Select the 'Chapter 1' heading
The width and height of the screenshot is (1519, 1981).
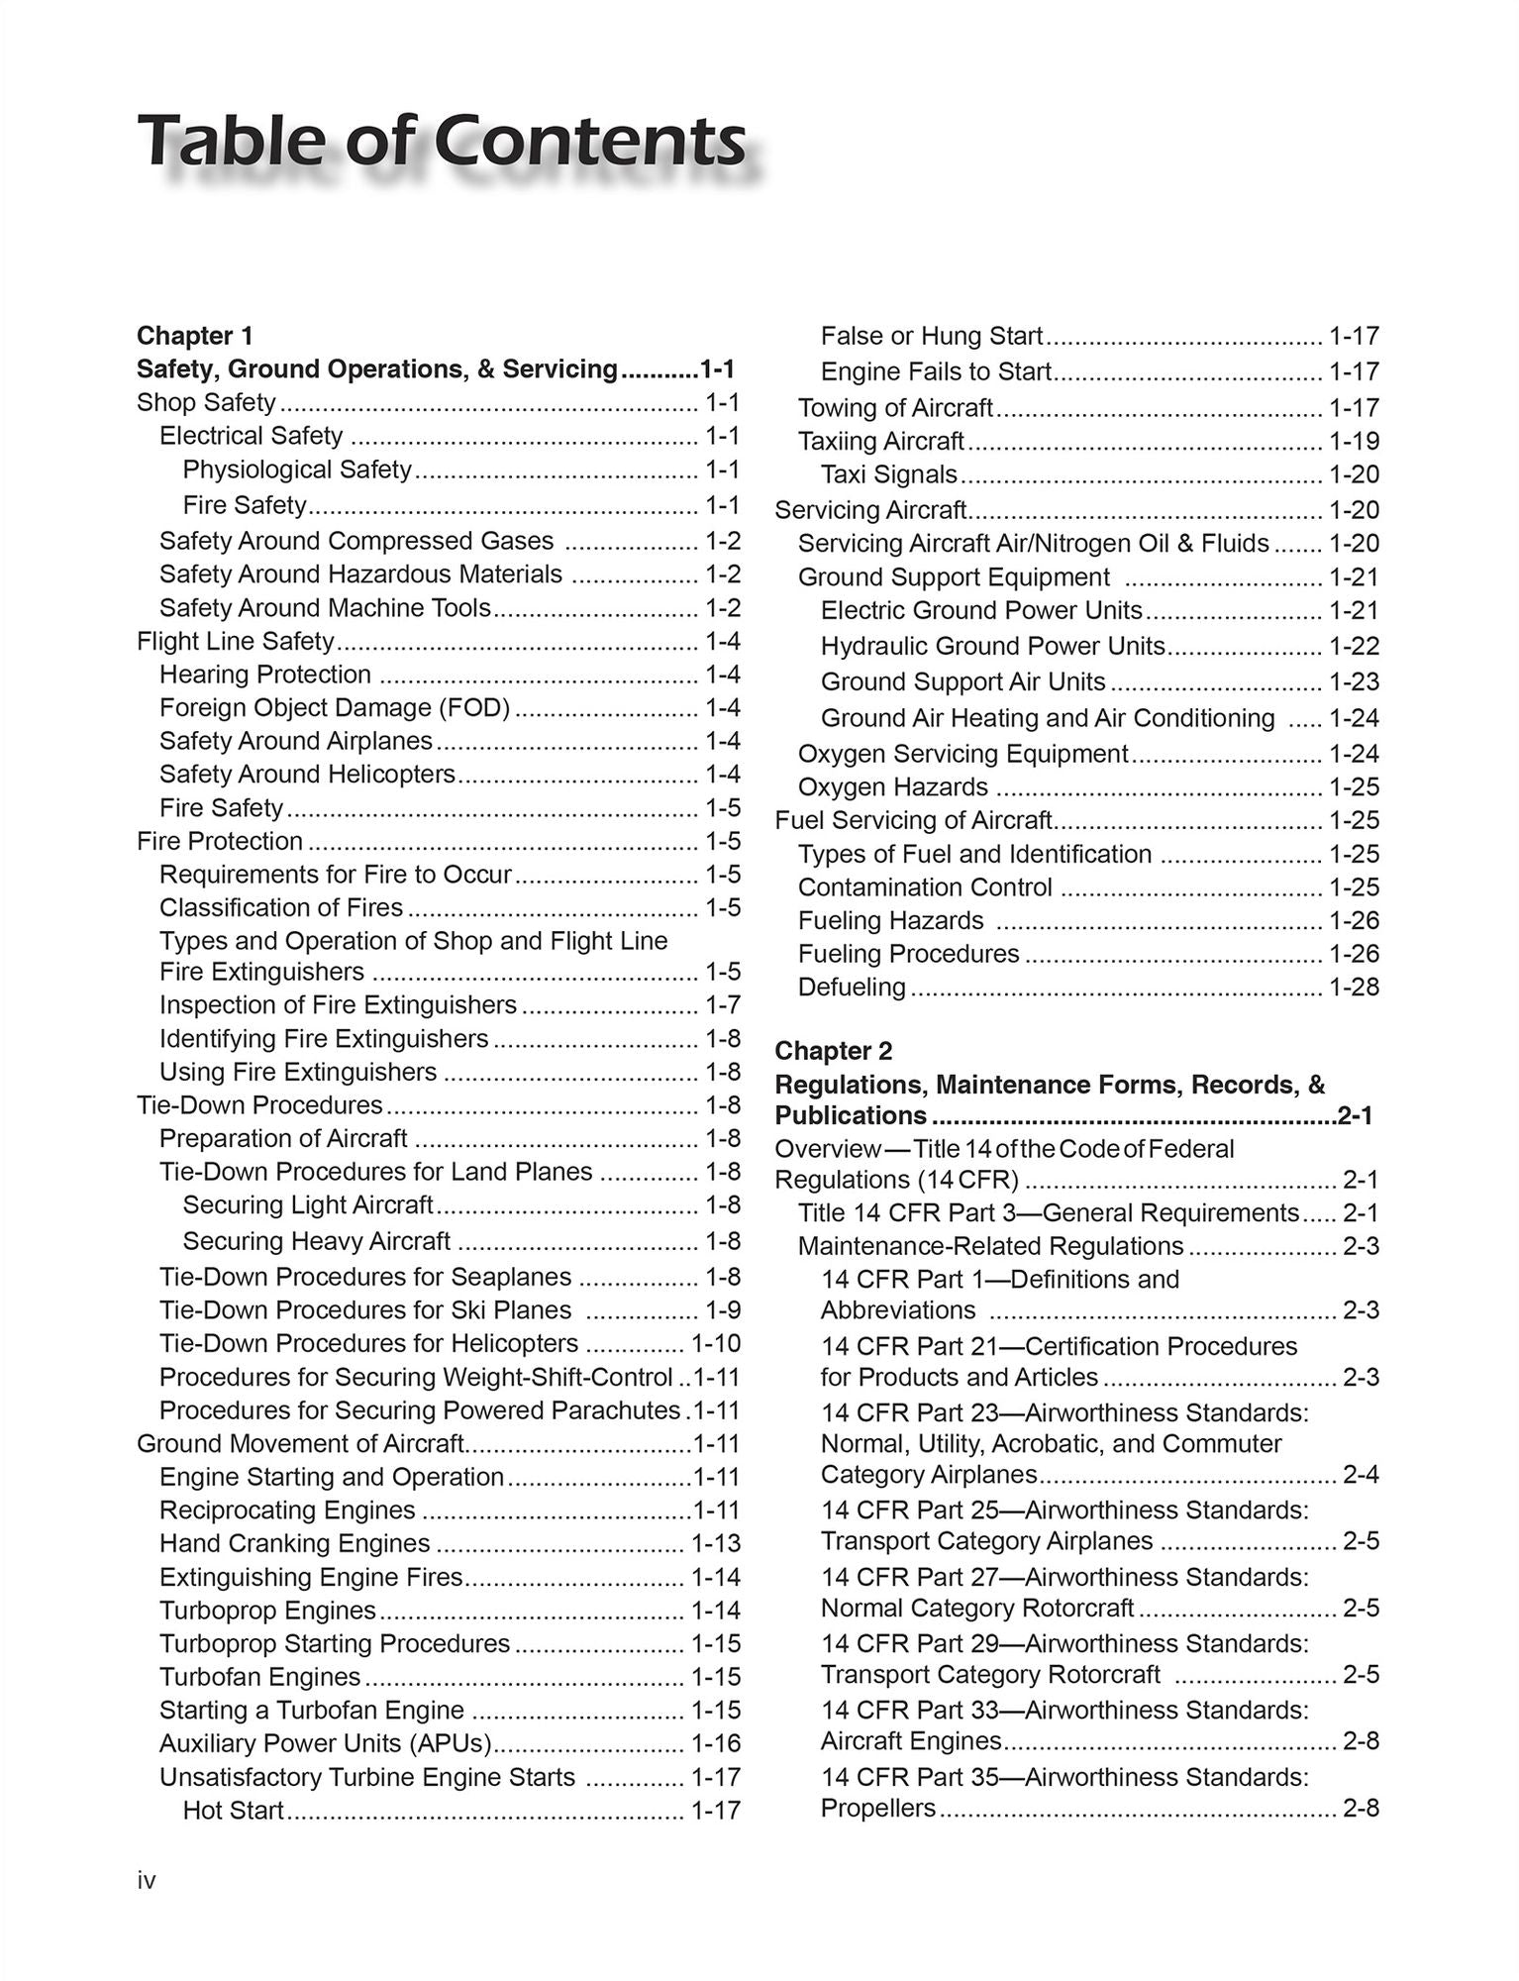pos(195,335)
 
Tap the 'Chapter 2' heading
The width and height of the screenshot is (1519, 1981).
pos(833,1050)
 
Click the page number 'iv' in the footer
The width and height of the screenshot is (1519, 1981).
pos(147,1881)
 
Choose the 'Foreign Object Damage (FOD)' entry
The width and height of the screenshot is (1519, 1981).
pos(335,707)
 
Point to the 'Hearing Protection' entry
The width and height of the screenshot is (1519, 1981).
pos(265,675)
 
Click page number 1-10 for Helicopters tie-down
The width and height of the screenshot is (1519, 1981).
pos(715,1343)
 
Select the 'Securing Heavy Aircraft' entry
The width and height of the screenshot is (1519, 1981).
pos(317,1241)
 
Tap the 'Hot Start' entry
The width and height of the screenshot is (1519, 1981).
pos(234,1810)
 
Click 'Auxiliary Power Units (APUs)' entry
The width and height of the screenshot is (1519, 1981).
pos(326,1742)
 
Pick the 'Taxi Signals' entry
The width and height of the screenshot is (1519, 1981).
pos(889,474)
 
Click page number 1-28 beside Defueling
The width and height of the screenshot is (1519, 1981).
pos(1354,987)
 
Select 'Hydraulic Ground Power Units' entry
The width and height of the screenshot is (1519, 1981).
pos(992,646)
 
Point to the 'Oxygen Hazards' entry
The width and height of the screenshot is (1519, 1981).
pos(893,786)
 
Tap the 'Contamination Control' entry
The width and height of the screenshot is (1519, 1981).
pos(925,886)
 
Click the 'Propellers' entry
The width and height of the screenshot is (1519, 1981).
pos(878,1808)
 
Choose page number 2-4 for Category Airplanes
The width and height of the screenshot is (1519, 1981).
pos(1361,1475)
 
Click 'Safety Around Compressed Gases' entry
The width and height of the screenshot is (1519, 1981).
pos(356,541)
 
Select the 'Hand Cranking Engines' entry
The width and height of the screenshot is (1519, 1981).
pos(295,1543)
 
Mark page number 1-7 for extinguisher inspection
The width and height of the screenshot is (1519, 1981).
pos(723,1005)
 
